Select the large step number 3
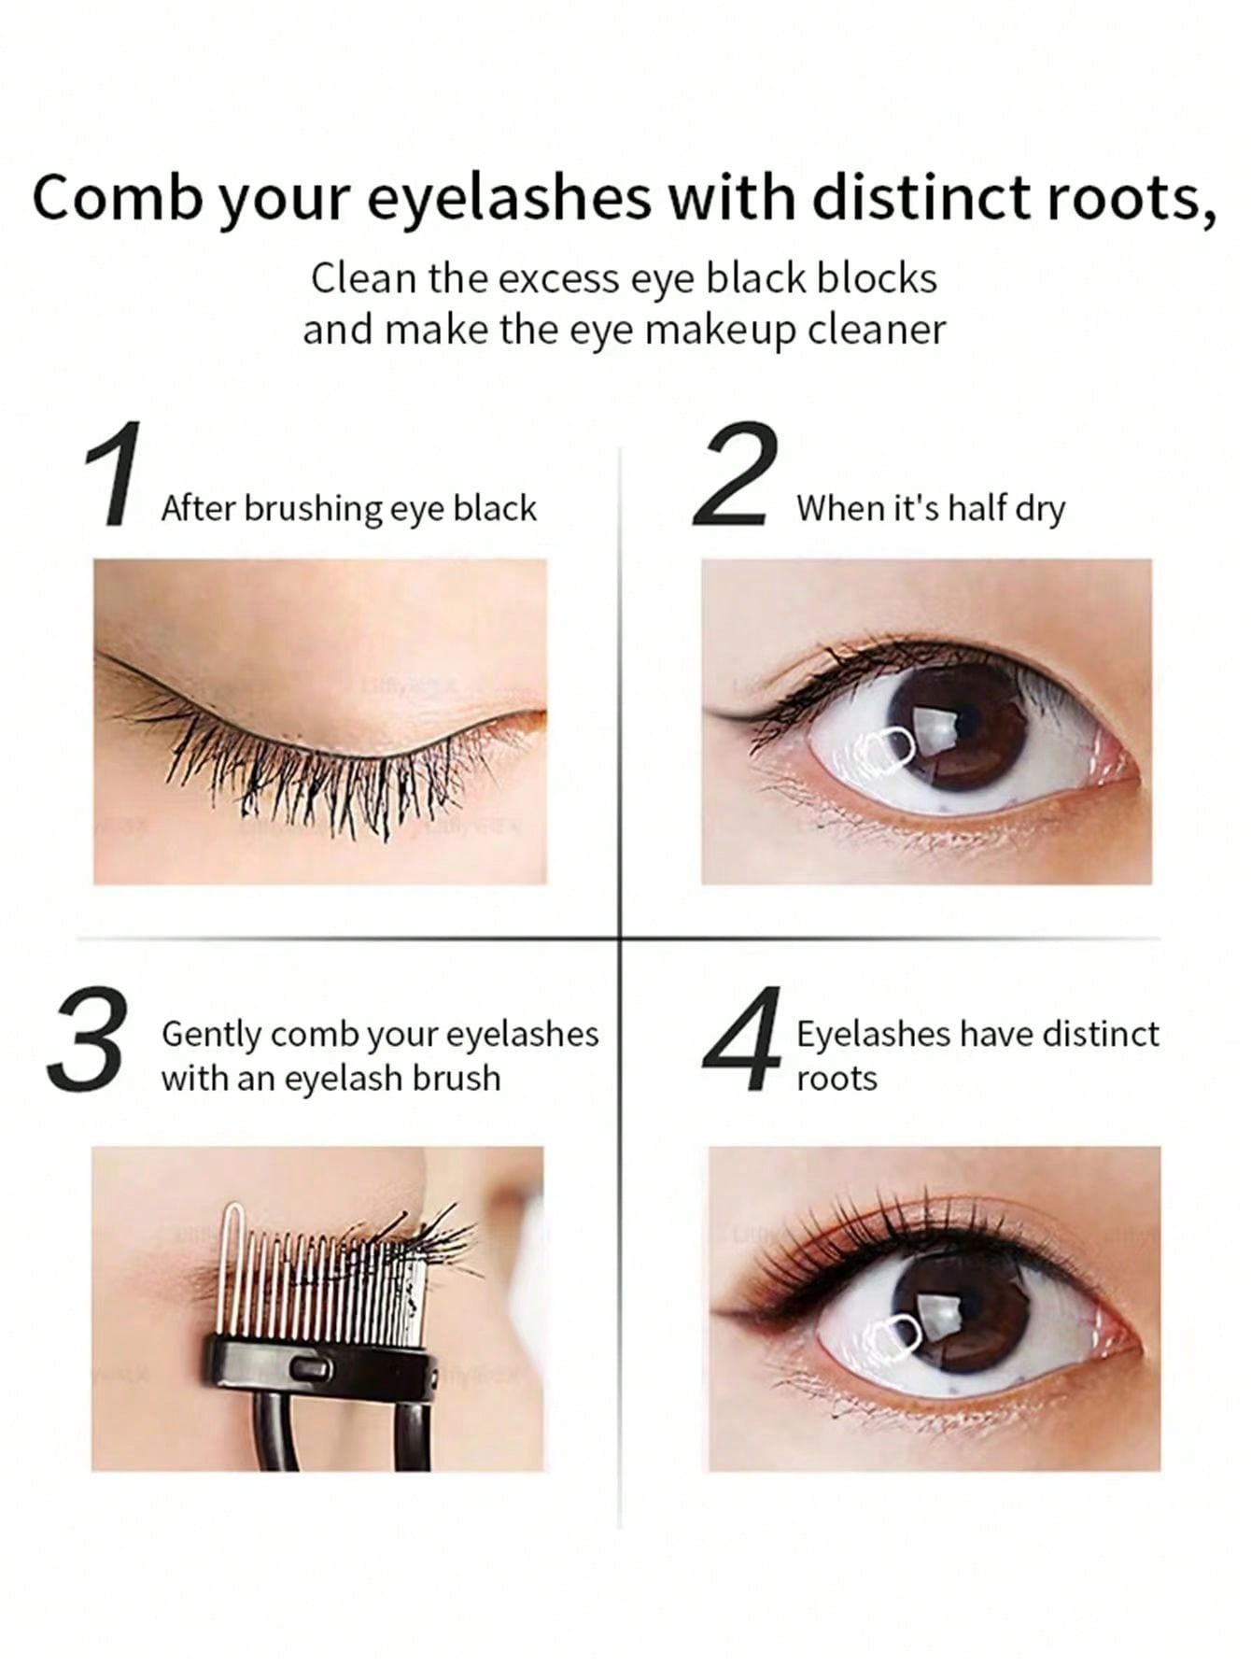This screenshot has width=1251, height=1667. [x=86, y=1038]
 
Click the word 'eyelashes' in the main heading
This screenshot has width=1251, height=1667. [x=509, y=199]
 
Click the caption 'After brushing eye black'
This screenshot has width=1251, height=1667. [x=349, y=508]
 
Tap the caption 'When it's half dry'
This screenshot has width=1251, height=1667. [x=930, y=508]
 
